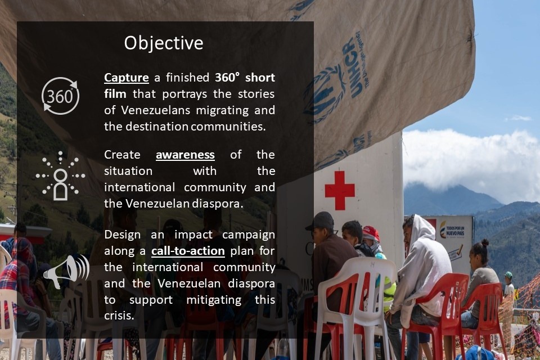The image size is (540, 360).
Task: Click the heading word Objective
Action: pos(164,43)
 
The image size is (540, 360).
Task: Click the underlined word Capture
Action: pos(127,78)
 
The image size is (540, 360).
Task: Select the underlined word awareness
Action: pos(185,155)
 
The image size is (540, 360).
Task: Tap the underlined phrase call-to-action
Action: pos(188,251)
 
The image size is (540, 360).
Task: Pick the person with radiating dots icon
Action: pos(60,175)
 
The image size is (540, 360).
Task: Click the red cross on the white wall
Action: pos(340,191)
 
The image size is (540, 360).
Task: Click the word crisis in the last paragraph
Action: pos(119,316)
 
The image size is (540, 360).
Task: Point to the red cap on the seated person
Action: pos(371,233)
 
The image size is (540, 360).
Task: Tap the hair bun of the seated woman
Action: pos(485,243)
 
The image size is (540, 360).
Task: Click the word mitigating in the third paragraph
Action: pos(214,300)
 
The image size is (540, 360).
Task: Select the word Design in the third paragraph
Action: pos(122,235)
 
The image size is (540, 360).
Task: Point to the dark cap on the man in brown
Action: pos(320,220)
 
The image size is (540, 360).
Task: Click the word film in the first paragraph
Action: pos(115,94)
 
